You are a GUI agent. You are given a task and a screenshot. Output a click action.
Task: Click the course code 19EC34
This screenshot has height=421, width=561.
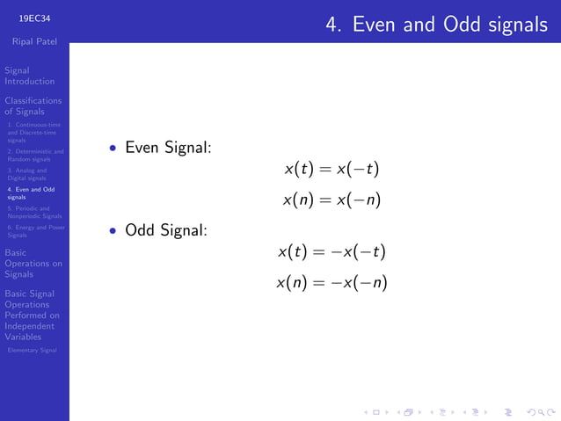click(34, 17)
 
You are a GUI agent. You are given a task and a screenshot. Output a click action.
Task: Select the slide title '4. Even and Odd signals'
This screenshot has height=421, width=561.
click(436, 25)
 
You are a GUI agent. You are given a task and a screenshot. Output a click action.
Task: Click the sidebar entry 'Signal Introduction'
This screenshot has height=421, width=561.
click(29, 76)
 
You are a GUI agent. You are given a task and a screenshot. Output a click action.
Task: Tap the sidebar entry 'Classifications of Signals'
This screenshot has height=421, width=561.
click(33, 106)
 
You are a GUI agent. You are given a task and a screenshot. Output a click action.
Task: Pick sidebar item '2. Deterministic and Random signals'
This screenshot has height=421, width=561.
click(34, 156)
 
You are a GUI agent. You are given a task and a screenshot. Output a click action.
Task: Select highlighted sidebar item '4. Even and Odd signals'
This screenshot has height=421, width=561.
click(30, 193)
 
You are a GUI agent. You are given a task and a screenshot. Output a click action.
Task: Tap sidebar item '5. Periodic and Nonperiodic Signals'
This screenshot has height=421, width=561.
click(34, 212)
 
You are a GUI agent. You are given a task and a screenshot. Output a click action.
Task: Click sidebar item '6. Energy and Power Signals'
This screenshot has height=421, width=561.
click(35, 230)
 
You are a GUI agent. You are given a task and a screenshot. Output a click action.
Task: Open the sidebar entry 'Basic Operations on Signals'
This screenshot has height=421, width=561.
click(33, 263)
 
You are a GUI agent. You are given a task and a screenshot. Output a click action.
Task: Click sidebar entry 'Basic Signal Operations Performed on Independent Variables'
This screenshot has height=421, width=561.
click(32, 315)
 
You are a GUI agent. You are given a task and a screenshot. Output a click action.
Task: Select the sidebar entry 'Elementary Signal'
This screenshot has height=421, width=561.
click(32, 350)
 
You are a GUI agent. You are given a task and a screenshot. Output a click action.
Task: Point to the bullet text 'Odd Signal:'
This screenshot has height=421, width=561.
click(166, 231)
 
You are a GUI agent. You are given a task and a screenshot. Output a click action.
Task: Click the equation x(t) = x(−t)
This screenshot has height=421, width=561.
click(331, 168)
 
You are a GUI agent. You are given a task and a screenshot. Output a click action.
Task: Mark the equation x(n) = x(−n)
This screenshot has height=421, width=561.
click(331, 200)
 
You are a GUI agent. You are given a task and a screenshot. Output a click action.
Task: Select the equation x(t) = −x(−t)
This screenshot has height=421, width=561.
click(331, 252)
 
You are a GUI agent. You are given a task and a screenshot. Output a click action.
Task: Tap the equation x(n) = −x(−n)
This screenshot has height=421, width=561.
click(331, 283)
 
